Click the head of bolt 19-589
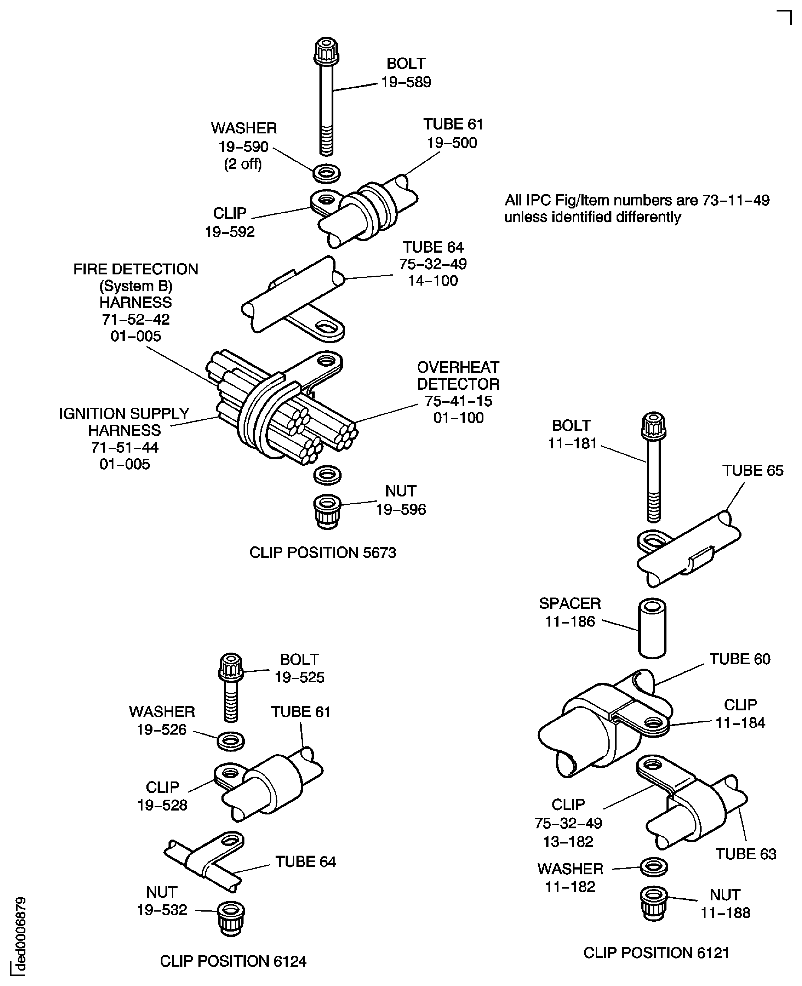[x=326, y=52]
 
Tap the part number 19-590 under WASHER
[x=244, y=147]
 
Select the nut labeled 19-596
[x=327, y=511]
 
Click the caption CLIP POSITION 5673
[x=322, y=553]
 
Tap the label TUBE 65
[x=753, y=470]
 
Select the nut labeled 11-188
[x=654, y=903]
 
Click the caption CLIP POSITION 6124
[x=233, y=961]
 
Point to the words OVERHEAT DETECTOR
[x=458, y=376]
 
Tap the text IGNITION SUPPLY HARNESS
[x=124, y=422]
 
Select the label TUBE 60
[x=740, y=659]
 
